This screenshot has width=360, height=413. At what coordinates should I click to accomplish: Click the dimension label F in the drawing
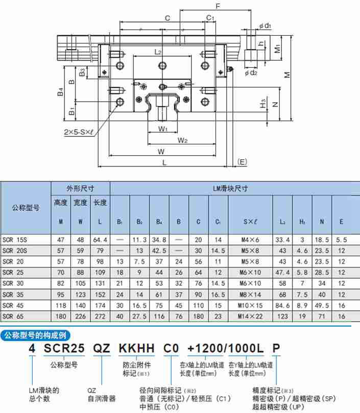coord(218,7)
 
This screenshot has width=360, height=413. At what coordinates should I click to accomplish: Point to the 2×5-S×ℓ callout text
coord(79,132)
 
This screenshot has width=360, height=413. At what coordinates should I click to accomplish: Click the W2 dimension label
coord(182,140)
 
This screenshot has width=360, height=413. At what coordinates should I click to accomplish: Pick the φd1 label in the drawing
coord(265,25)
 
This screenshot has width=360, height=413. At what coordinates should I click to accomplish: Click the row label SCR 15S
coord(15,239)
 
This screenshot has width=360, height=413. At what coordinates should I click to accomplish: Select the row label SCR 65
coord(13,316)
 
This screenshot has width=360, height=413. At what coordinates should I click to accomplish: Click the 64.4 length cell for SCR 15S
coord(100,239)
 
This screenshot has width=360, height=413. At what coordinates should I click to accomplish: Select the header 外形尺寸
coord(80,188)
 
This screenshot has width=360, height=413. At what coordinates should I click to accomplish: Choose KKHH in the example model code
coord(136,349)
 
